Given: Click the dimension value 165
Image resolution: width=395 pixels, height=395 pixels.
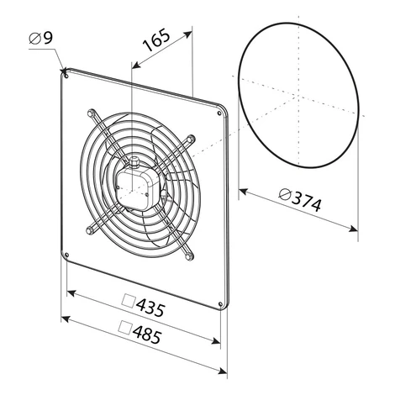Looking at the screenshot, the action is coord(156,39).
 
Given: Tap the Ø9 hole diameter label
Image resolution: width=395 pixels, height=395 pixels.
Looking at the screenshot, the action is coord(41,38).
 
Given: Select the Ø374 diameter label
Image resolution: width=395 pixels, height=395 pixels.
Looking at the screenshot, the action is coord(300,198).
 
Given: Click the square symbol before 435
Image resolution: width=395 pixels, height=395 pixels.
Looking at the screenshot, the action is coord(129,301).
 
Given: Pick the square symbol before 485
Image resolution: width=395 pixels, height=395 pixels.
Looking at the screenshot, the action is coord(125,328).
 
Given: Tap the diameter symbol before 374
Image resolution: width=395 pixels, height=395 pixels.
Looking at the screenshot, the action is coord(285,194).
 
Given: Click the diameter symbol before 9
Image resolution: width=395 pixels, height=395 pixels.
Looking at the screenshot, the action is coord(35,39).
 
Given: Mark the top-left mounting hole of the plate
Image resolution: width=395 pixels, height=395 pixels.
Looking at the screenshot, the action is coord(66,76).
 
